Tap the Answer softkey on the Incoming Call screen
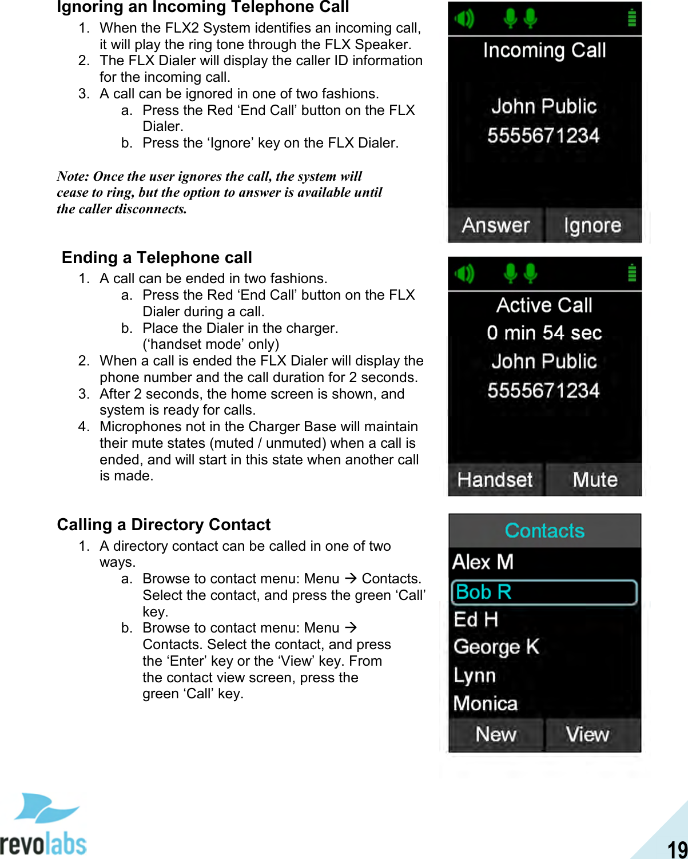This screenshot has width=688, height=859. tap(495, 225)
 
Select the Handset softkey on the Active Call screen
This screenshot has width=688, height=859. tap(495, 480)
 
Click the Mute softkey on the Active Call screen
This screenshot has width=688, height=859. tap(595, 480)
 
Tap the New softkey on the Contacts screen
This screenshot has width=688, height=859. tap(495, 734)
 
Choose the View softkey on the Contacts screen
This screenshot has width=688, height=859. tap(587, 734)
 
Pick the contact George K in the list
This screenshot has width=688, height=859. tap(496, 647)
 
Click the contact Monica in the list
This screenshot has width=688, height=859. tap(485, 703)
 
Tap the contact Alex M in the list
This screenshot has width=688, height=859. tap(483, 562)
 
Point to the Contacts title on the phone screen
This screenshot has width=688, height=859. tap(544, 531)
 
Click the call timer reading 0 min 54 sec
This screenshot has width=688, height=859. tap(544, 333)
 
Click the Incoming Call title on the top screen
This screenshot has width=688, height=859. tap(544, 51)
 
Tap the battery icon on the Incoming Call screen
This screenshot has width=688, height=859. tap(631, 18)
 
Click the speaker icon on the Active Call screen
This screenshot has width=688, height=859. tap(464, 274)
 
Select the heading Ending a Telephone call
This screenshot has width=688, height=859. tap(157, 258)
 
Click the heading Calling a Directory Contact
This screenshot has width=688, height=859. tap(164, 525)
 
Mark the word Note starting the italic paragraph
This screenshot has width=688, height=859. tap(73, 176)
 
